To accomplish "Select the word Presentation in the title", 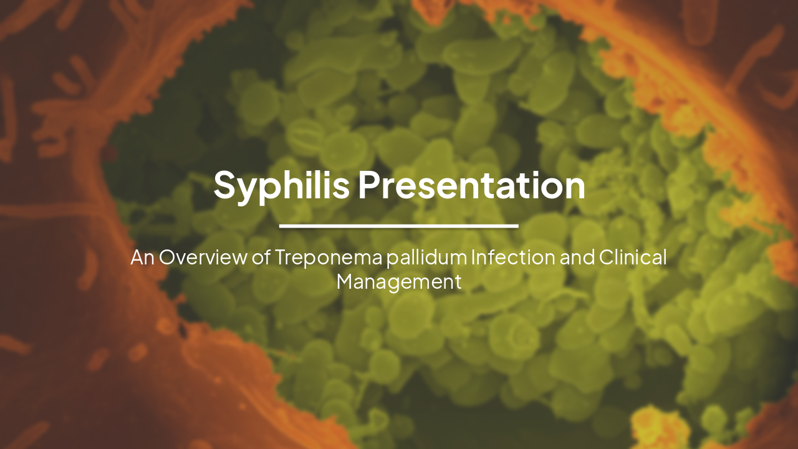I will click(x=471, y=185).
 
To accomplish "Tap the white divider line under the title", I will click(x=399, y=226).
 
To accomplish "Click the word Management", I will click(x=399, y=281).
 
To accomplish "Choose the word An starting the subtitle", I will click(x=142, y=257).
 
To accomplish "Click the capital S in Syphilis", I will click(x=224, y=185).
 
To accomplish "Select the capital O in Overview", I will click(x=168, y=257).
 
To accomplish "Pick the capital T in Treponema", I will click(x=280, y=257).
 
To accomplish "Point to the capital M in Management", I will click(x=345, y=281).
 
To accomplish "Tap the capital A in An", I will click(x=137, y=257).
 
